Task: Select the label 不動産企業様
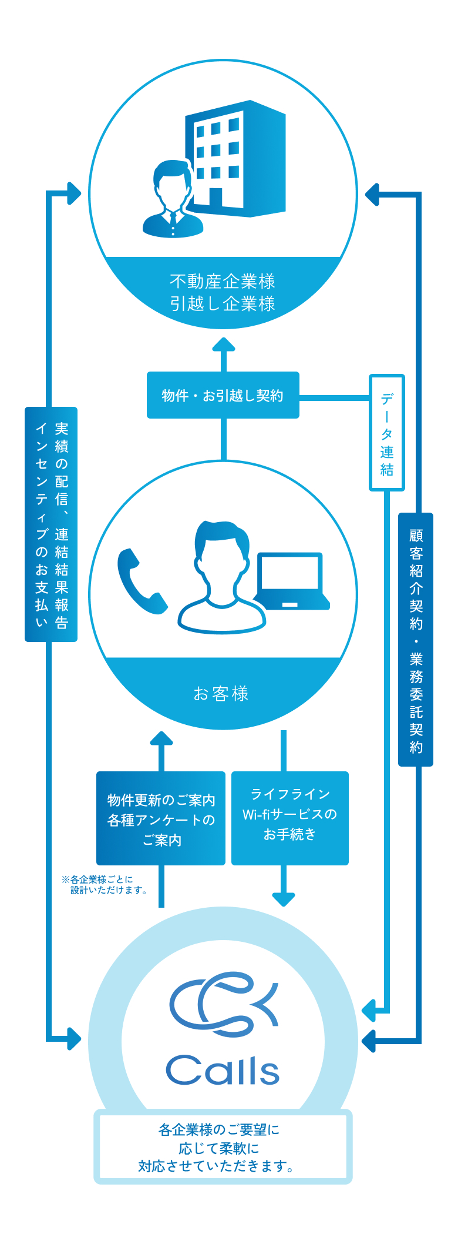(223, 282)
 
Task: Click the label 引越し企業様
(223, 304)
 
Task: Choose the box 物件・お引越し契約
(223, 395)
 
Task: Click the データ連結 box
(386, 433)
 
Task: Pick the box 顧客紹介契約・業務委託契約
(416, 639)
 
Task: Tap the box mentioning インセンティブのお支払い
(51, 524)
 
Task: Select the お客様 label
(221, 694)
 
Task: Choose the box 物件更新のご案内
(161, 818)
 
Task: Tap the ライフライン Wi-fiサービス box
(290, 815)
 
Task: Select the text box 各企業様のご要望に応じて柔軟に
(223, 1147)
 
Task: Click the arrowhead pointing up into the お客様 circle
(161, 738)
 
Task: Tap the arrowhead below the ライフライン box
(284, 899)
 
